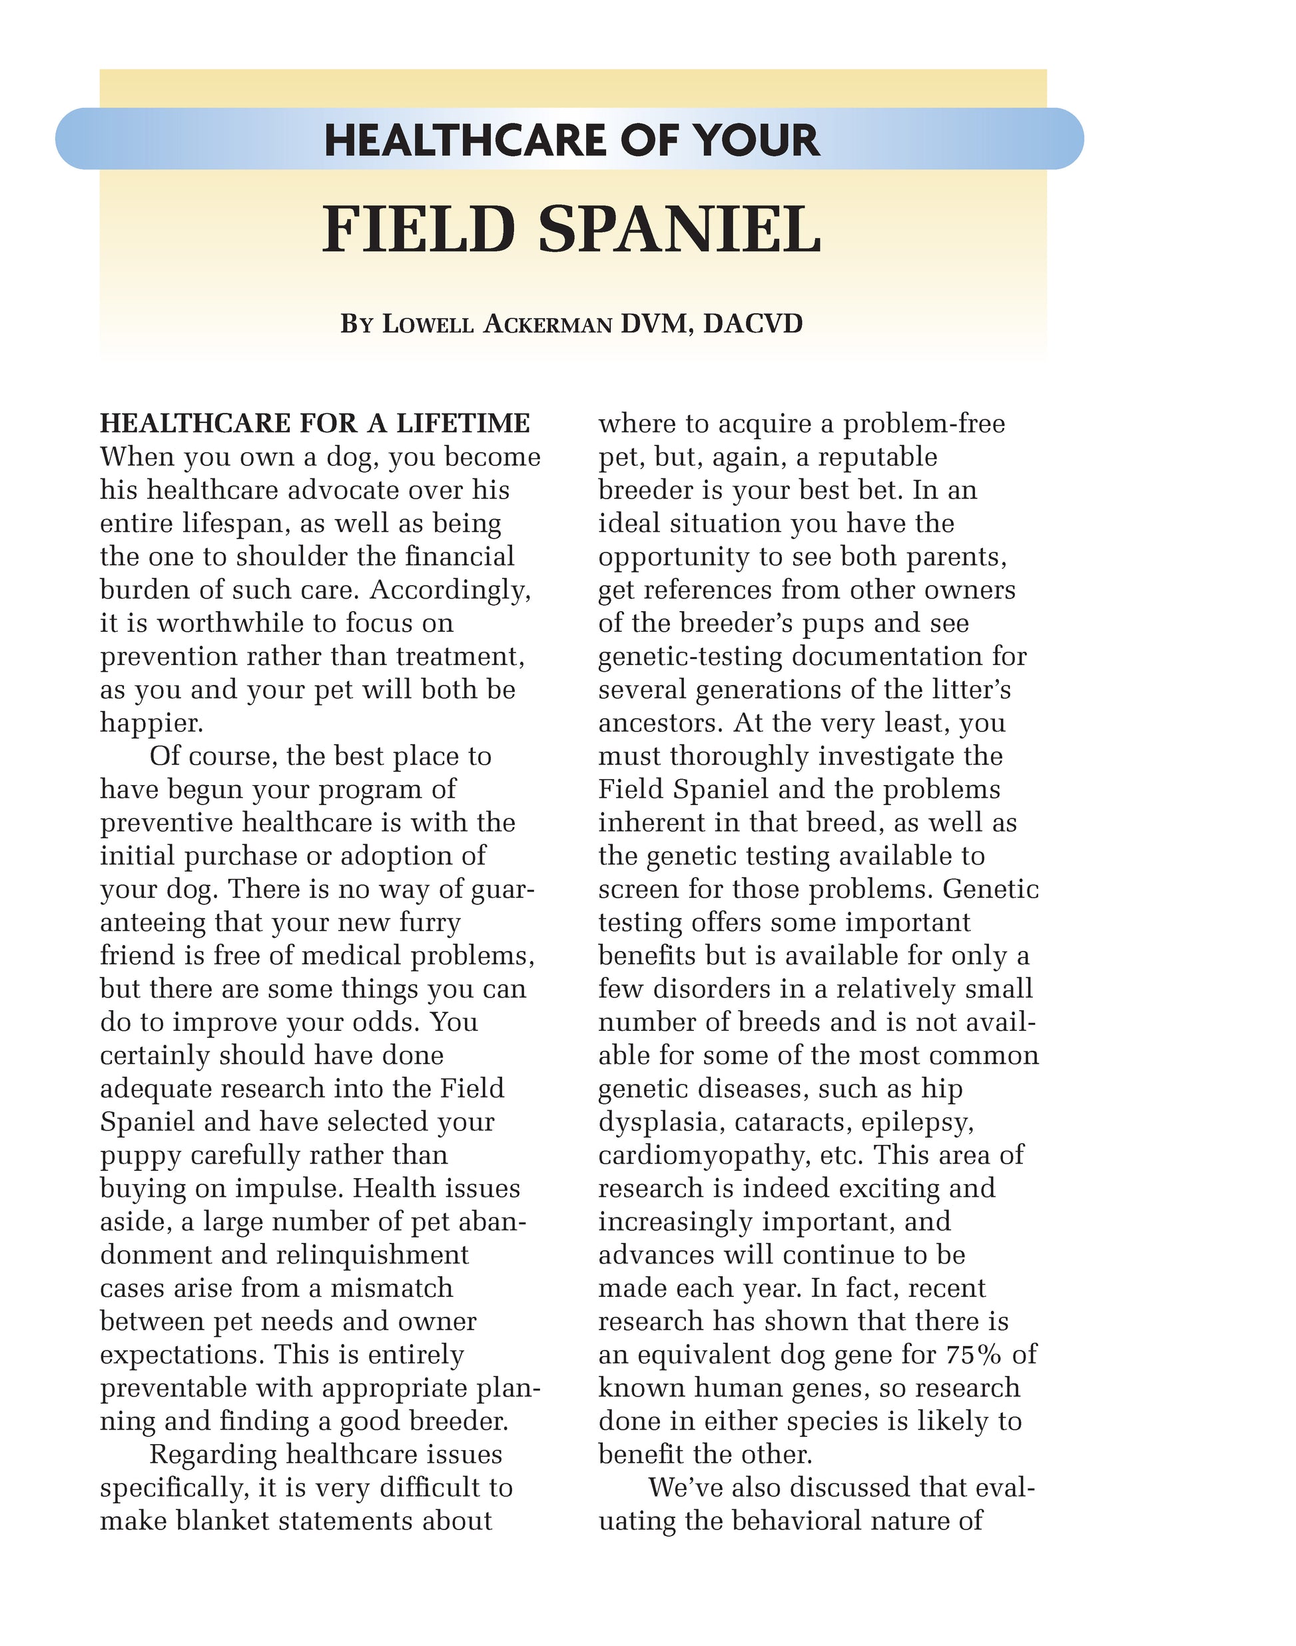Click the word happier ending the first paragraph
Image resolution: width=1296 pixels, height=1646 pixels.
151,724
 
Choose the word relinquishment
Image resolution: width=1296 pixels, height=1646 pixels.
372,1255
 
